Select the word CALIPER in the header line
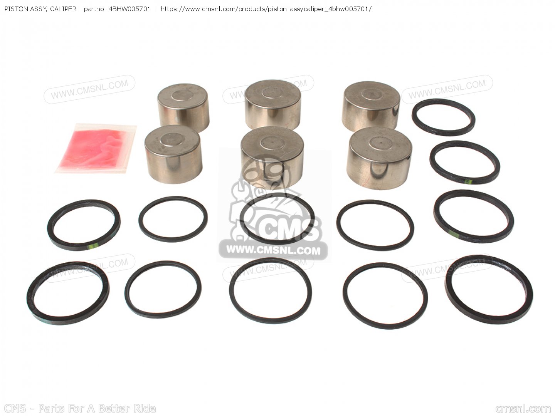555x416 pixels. click(63, 9)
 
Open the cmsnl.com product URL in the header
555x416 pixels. click(266, 9)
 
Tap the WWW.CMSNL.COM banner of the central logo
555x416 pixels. click(273, 250)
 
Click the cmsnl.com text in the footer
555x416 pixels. click(523, 409)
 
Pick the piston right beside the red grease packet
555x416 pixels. click(173, 154)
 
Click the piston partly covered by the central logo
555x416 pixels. click(272, 156)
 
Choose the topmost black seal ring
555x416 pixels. click(443, 117)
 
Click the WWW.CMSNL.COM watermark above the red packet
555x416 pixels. click(89, 89)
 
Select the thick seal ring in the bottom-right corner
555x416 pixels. click(489, 289)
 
